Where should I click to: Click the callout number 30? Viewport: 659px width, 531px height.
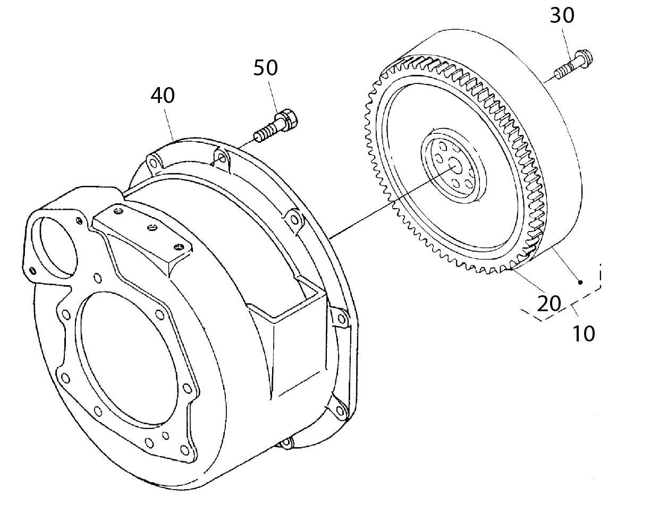click(562, 15)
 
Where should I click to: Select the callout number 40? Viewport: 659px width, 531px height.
click(163, 95)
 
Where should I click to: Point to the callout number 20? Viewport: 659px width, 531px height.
click(549, 304)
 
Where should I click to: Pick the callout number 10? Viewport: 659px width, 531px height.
click(584, 333)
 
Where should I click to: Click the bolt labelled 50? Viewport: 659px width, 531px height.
click(276, 126)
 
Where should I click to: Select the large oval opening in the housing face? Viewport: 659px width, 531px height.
click(128, 358)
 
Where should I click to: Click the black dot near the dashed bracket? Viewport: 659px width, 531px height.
click(580, 282)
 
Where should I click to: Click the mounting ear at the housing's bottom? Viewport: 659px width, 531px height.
click(285, 442)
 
